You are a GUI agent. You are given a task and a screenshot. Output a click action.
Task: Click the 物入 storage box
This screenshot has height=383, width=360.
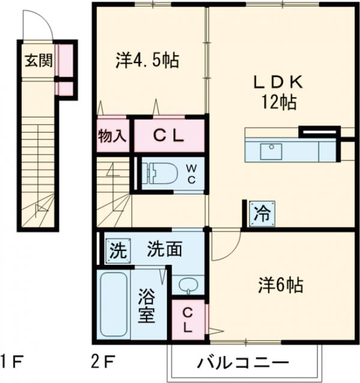[113, 134]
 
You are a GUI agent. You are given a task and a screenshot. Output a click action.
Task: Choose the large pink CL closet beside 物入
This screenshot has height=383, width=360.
[168, 134]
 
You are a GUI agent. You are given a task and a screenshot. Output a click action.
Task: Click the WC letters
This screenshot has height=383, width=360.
[189, 172]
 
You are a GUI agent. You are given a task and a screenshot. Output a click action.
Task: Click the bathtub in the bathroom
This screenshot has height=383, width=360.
[113, 306]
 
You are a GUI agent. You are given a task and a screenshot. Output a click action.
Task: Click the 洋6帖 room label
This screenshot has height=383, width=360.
[280, 283]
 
